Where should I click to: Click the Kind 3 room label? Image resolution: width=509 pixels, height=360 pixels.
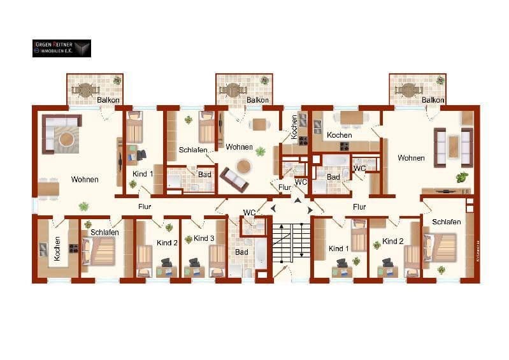[204, 238]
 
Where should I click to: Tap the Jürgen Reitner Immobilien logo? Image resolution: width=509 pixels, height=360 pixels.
[62, 48]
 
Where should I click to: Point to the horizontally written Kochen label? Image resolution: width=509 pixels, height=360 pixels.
[340, 136]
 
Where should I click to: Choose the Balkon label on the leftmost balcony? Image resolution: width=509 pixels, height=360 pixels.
[108, 100]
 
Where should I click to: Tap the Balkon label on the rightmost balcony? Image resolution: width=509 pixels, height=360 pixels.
[433, 100]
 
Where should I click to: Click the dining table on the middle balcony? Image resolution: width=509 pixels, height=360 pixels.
[245, 89]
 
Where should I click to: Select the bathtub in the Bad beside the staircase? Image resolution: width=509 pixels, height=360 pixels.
[260, 252]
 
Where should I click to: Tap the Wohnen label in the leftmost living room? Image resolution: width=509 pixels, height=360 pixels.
[85, 179]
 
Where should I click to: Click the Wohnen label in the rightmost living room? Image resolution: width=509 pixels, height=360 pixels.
[411, 157]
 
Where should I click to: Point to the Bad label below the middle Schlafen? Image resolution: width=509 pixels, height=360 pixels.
[204, 174]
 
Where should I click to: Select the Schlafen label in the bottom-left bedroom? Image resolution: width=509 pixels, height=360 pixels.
[104, 233]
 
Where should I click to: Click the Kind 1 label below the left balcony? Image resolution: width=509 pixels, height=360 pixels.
[143, 173]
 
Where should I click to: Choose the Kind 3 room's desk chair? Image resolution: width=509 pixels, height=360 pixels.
[193, 263]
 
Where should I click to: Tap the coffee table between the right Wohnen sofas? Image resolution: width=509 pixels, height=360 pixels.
[453, 147]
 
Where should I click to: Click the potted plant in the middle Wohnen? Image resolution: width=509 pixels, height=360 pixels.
[260, 151]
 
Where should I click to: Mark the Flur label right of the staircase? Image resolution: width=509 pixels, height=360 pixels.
[359, 206]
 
